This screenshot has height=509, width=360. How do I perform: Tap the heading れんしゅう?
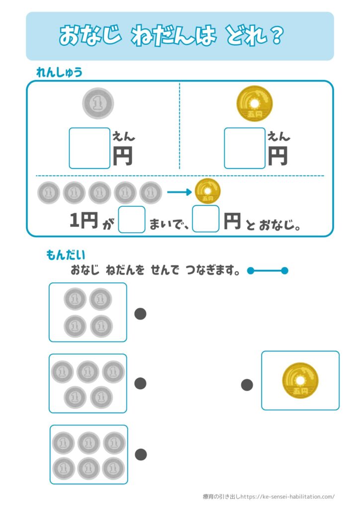coord(59,73)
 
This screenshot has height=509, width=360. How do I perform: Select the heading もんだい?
coord(66,255)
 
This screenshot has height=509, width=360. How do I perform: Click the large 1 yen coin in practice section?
coord(98,103)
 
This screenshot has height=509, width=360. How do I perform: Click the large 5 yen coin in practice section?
coord(255,103)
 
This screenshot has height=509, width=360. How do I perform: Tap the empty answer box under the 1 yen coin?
coord(90,148)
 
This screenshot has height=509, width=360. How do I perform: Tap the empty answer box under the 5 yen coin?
coord(245,148)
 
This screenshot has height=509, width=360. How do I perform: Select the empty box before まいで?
coord(132,220)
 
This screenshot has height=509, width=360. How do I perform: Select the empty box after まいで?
coord(205,219)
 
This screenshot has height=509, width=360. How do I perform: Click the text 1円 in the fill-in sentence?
coord(83,221)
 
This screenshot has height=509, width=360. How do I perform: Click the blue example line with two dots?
coord(268,271)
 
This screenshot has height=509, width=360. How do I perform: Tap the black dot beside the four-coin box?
coord(141,314)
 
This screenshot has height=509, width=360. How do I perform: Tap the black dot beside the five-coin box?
coord(141,383)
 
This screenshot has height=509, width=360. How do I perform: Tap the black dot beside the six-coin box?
coord(141,454)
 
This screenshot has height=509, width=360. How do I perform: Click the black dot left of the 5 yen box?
coord(247,384)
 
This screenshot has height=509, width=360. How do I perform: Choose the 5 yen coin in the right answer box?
coord(300,381)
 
